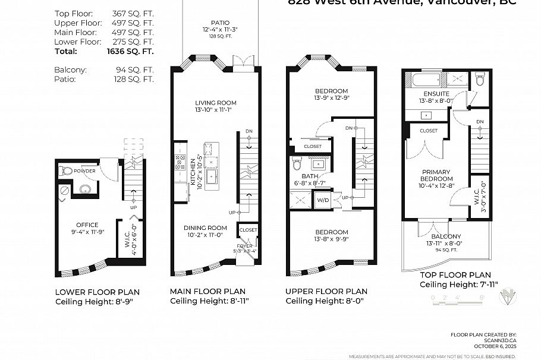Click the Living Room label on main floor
click(x=215, y=102)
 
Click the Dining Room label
click(x=205, y=228)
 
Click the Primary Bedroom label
click(x=436, y=175)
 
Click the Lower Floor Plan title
click(x=97, y=292)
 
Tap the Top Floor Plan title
click(x=455, y=274)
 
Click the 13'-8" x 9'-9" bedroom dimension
click(x=332, y=240)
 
